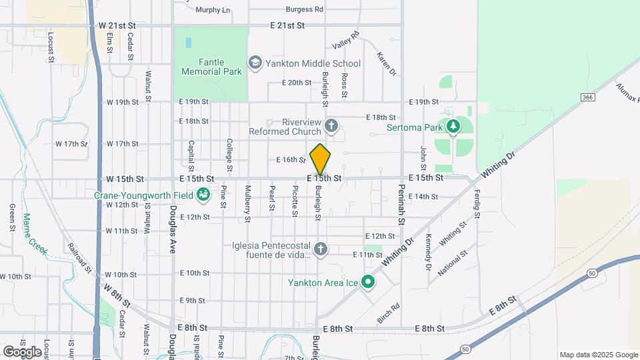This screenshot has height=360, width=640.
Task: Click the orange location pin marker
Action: (321, 159)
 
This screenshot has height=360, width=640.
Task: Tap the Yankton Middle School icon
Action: (254, 63)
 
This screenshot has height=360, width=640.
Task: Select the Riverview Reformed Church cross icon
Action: (331, 125)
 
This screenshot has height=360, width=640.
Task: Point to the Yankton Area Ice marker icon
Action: (367, 283)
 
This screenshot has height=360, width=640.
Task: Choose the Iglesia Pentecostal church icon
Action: (321, 249)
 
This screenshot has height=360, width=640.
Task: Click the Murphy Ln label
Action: (213, 10)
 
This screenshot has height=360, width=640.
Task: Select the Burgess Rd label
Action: (304, 9)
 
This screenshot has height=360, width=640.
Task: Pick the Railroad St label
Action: (79, 255)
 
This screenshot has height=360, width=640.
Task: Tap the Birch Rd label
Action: (388, 313)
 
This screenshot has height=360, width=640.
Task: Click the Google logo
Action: (22, 351)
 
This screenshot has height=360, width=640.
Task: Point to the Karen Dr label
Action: (387, 63)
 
